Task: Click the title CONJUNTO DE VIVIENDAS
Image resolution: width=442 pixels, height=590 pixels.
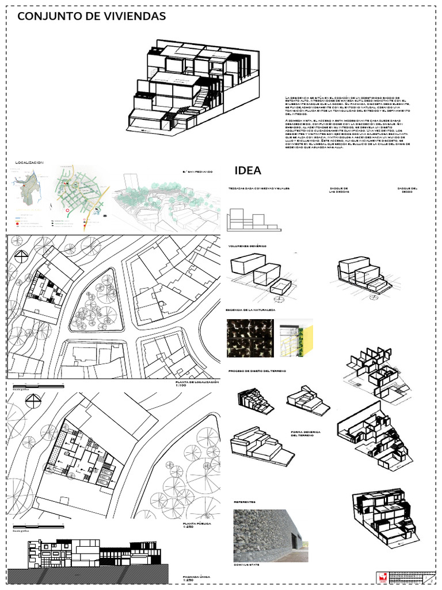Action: click(92, 17)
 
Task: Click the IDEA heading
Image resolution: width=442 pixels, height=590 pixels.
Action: click(247, 171)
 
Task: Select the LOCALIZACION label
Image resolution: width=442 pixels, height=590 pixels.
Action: click(29, 163)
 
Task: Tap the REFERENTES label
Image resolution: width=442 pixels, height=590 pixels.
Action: click(244, 502)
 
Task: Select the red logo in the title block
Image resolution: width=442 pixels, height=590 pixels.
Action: click(382, 577)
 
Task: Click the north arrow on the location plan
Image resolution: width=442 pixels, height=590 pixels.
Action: click(21, 257)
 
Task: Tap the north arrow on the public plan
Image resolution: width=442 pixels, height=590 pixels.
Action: click(32, 399)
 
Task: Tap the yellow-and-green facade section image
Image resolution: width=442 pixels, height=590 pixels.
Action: click(296, 338)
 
